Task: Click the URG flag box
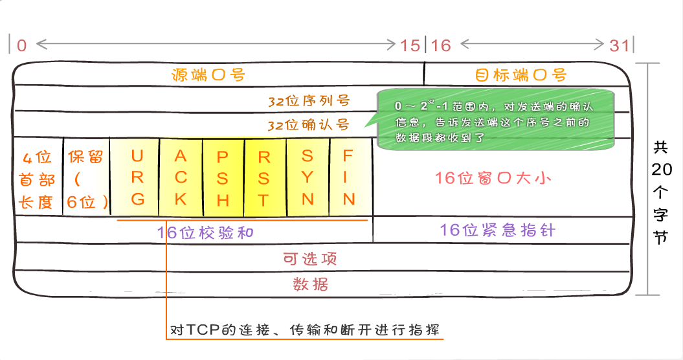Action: pyautogui.click(x=137, y=177)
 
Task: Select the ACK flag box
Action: pyautogui.click(x=181, y=177)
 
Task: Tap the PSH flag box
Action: pyautogui.click(x=223, y=177)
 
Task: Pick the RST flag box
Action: pyautogui.click(x=263, y=177)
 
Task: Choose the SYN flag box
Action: pyautogui.click(x=308, y=177)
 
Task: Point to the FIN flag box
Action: pyautogui.click(x=350, y=177)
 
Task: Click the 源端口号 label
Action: pyautogui.click(x=208, y=74)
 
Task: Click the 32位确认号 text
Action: pyautogui.click(x=309, y=124)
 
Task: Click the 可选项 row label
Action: pyautogui.click(x=311, y=258)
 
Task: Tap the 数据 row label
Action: pyautogui.click(x=311, y=284)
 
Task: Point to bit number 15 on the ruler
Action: pyautogui.click(x=409, y=45)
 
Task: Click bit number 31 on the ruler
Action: pyautogui.click(x=620, y=45)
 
